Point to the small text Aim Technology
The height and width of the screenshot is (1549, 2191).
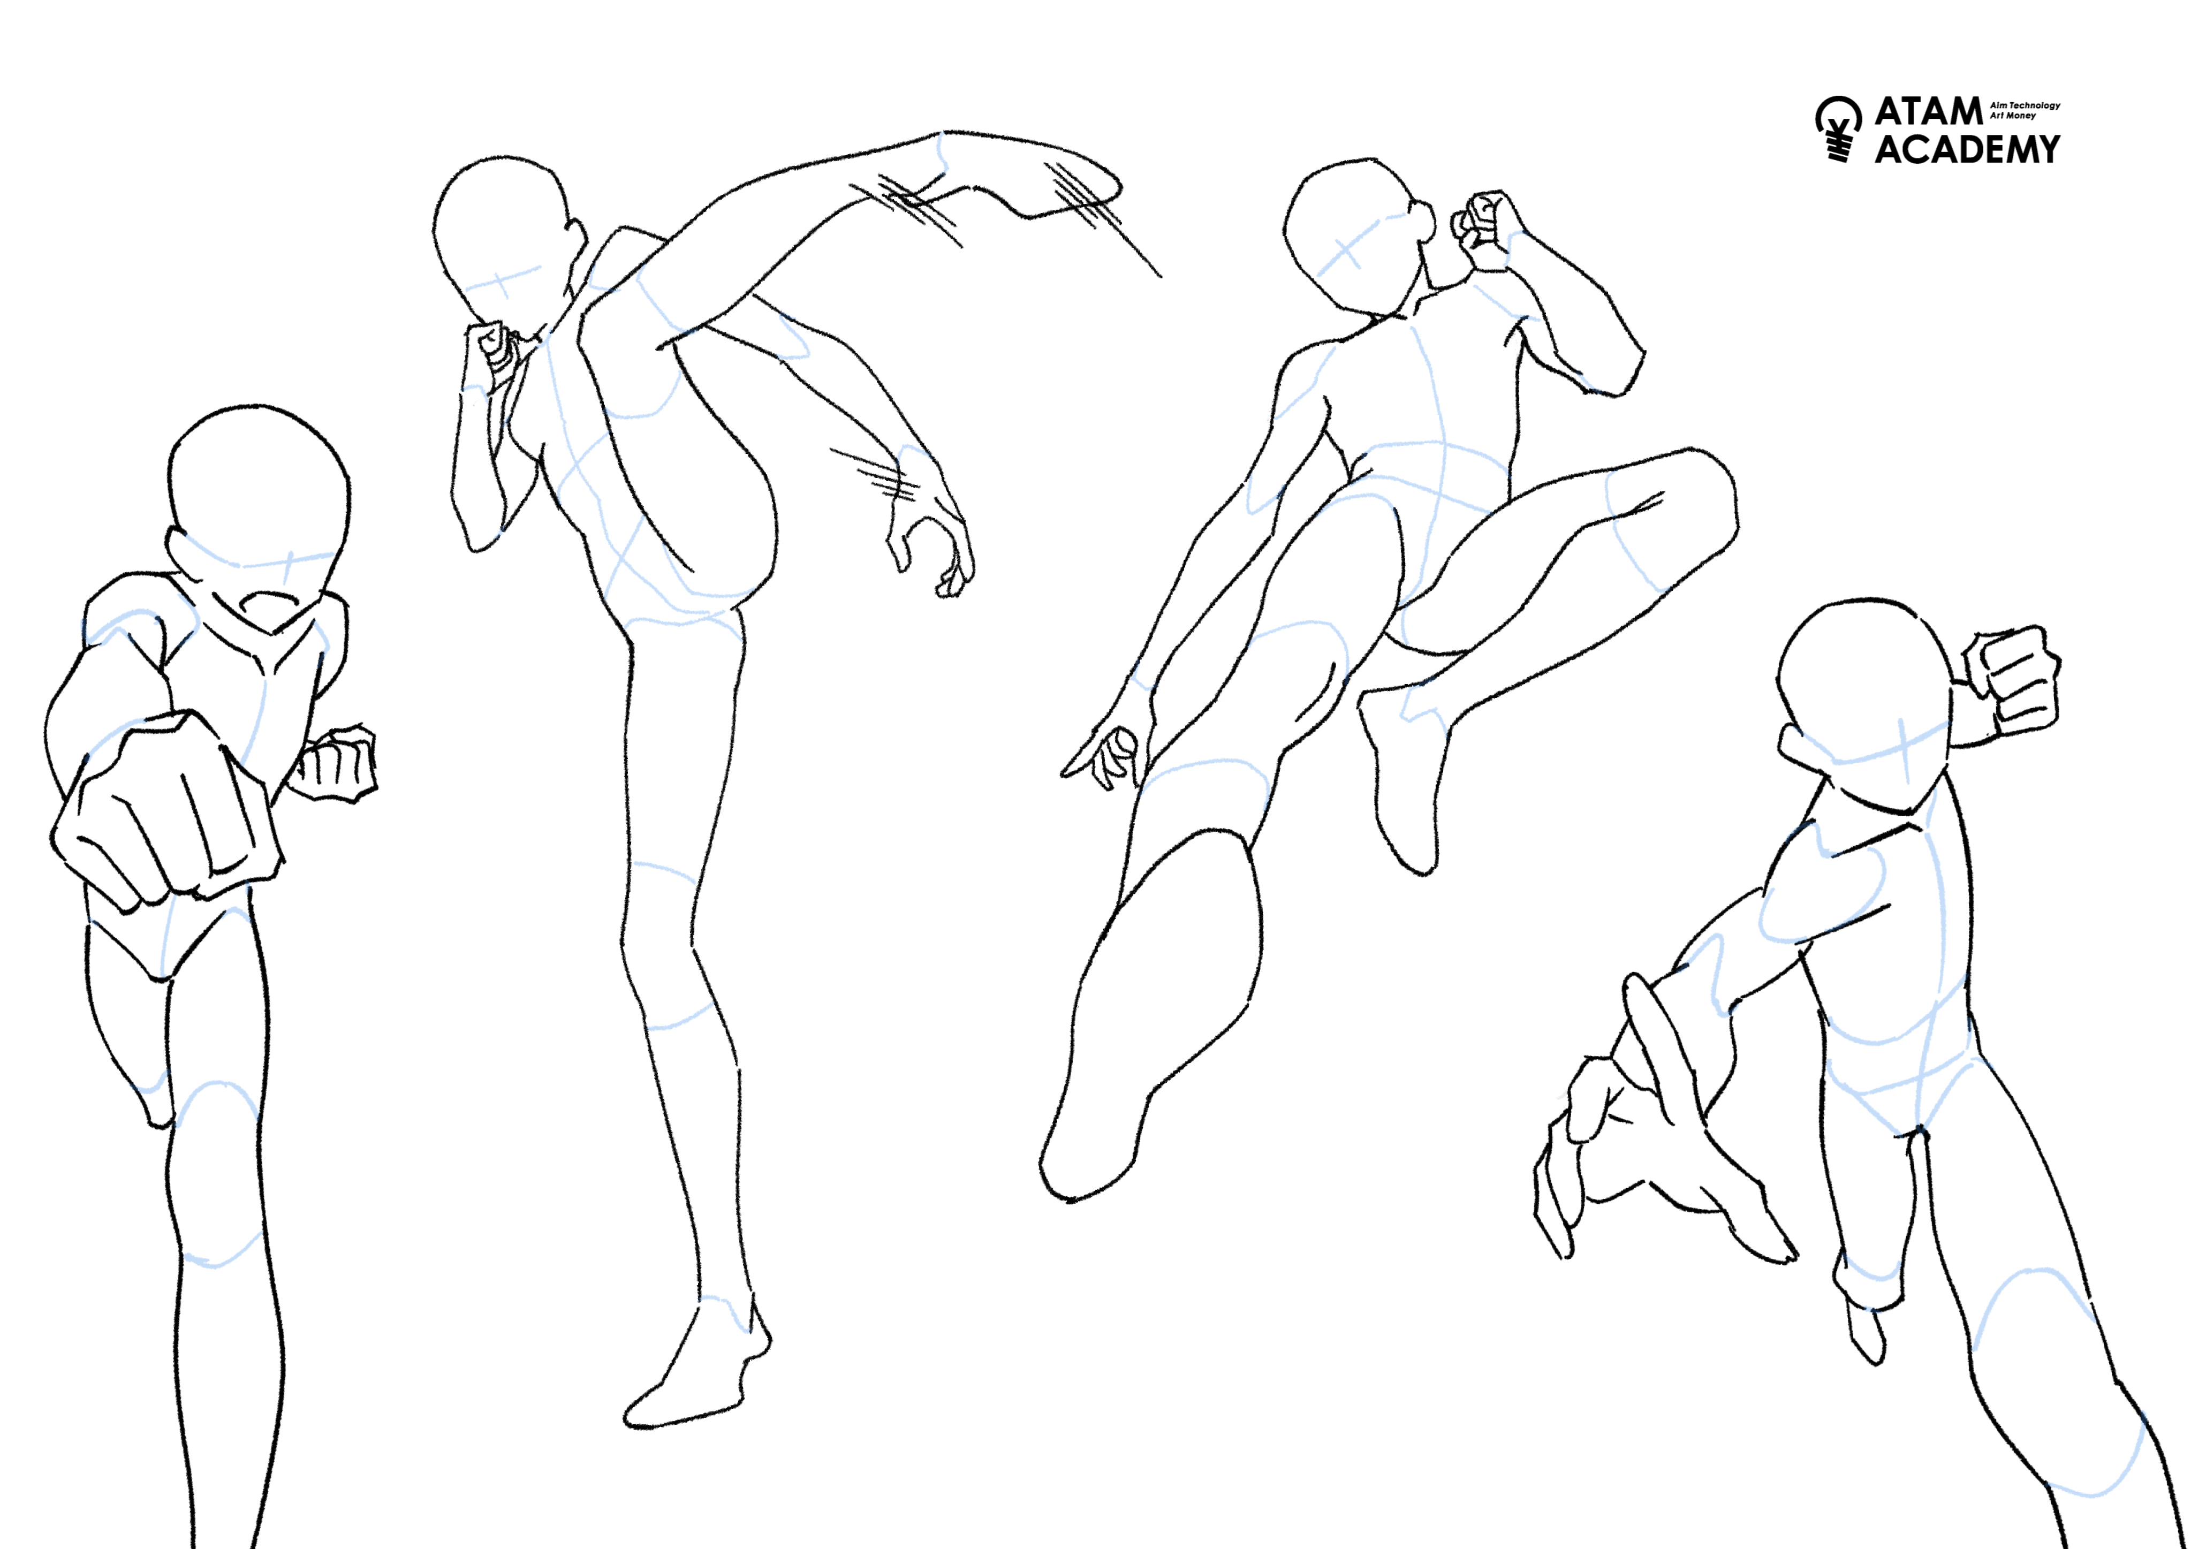click(2024, 105)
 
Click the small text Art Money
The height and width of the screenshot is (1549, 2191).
click(2013, 116)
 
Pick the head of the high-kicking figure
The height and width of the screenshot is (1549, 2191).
click(506, 239)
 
